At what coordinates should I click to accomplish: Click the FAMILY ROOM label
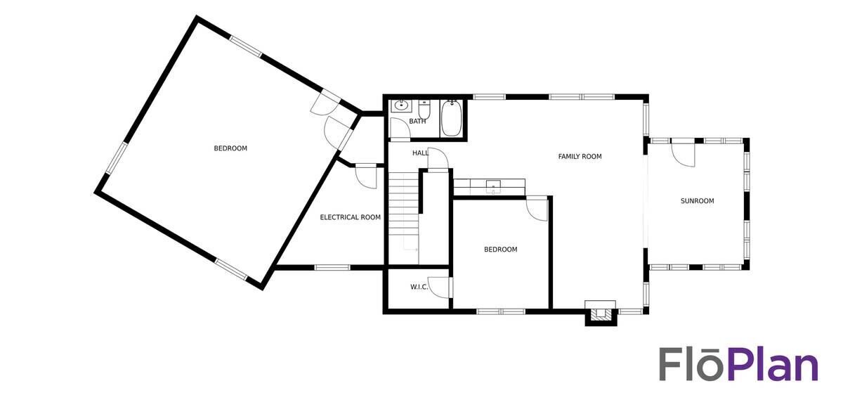[x=580, y=156]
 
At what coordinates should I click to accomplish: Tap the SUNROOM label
[x=697, y=201]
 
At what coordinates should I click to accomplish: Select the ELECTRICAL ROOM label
[x=350, y=217]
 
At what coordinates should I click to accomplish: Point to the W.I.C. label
[x=419, y=287]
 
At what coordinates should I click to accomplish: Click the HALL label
[x=420, y=153]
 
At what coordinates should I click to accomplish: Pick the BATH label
[x=417, y=122]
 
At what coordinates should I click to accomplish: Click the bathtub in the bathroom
[x=451, y=118]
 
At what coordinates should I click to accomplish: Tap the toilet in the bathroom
[x=424, y=109]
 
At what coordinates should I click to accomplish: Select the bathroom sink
[x=402, y=106]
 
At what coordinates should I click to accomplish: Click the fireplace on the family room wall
[x=601, y=313]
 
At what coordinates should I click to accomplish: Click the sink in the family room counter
[x=493, y=186]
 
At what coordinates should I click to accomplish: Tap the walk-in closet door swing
[x=439, y=288]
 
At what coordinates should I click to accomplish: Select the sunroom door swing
[x=683, y=155]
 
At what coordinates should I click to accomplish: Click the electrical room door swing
[x=366, y=177]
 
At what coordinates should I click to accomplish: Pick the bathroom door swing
[x=400, y=128]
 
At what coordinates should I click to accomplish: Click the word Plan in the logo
[x=773, y=365]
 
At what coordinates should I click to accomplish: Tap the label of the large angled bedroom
[x=230, y=148]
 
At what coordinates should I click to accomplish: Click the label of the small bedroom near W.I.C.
[x=500, y=250]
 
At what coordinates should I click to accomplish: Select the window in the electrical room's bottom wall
[x=332, y=267]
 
